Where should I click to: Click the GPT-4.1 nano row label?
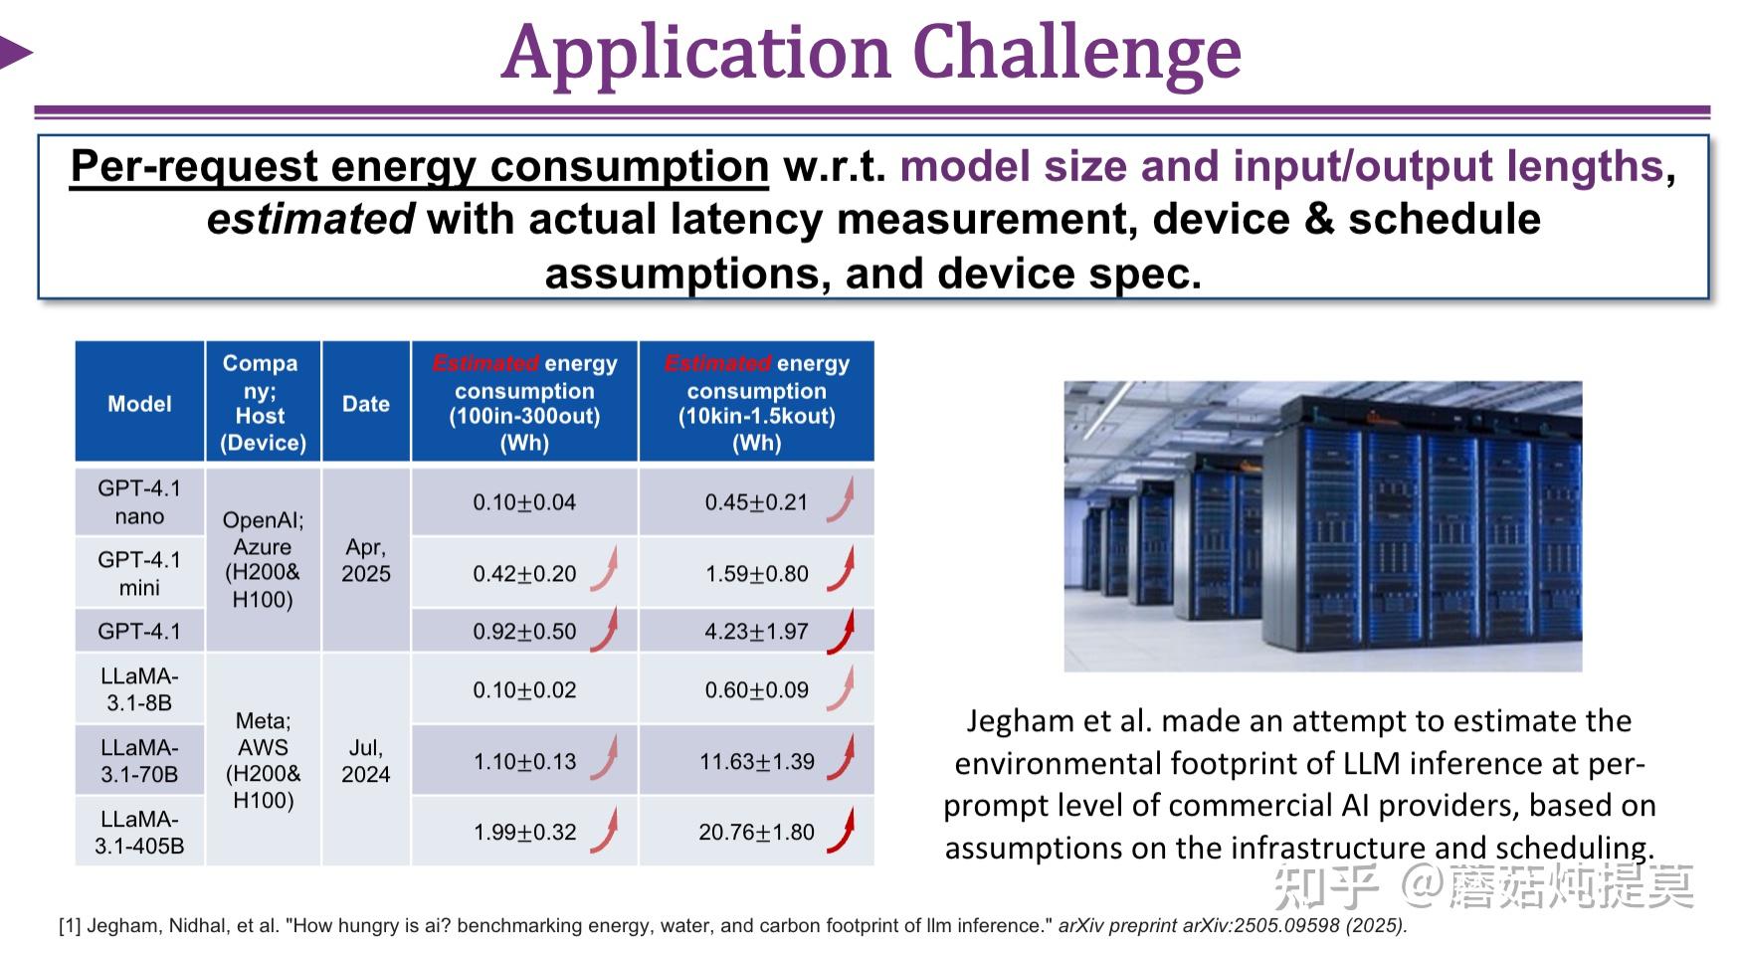click(139, 502)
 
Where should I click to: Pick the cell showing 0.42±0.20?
click(524, 574)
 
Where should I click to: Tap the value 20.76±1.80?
click(756, 832)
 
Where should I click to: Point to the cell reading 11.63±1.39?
click(756, 762)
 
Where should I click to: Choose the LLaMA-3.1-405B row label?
click(139, 833)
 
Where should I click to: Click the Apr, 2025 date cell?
click(366, 560)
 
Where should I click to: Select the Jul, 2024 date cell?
click(366, 761)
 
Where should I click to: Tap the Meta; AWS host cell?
click(263, 760)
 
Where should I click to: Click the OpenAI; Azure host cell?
click(263, 559)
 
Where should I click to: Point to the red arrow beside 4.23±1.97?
click(841, 631)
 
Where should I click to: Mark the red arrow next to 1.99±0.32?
click(605, 831)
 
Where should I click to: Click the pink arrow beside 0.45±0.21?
click(841, 500)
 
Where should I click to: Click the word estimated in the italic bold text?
click(310, 219)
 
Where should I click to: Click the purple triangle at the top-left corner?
click(16, 53)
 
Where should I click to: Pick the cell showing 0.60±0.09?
click(756, 690)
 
